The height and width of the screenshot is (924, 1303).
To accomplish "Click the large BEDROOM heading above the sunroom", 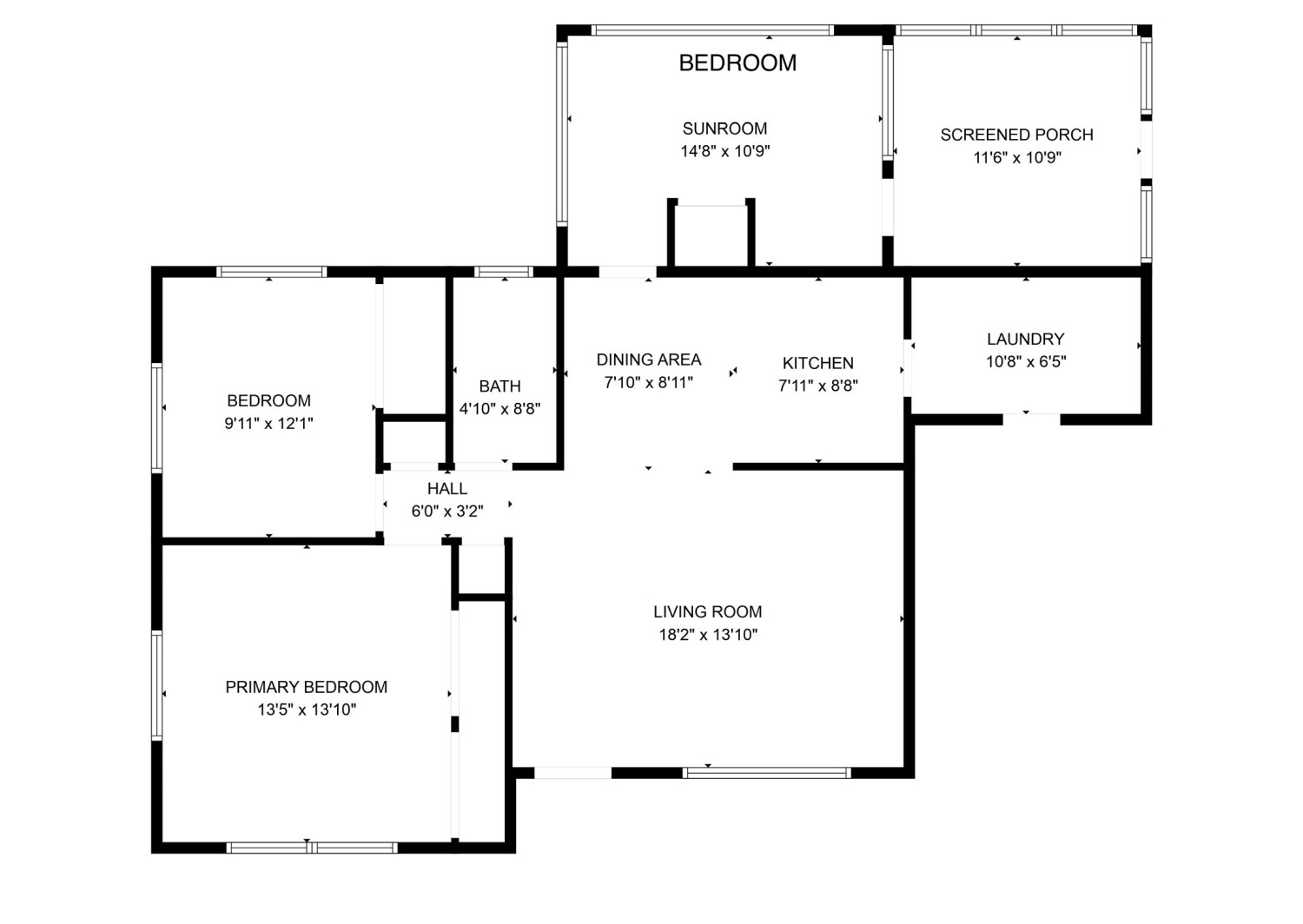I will (x=737, y=63).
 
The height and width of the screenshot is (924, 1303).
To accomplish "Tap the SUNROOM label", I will (x=724, y=129).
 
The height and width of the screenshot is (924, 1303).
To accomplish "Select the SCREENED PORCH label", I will (x=1016, y=135).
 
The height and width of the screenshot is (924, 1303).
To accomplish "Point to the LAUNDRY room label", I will (x=1025, y=339).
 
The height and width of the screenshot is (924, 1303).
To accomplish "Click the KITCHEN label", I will (x=817, y=363).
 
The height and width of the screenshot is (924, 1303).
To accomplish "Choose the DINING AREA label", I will (x=648, y=360).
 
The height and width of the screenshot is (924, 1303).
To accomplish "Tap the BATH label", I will (x=499, y=386).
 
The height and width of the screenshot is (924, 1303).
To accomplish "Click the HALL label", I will (x=446, y=489).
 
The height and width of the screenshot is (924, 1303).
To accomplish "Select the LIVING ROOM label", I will (x=707, y=611).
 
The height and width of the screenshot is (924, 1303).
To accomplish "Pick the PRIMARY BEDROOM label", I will (x=306, y=687).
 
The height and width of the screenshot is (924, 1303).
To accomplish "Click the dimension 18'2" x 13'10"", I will (x=707, y=635).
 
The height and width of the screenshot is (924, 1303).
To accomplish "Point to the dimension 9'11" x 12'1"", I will (x=268, y=424).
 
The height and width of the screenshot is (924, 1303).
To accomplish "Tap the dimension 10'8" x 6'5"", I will (x=1025, y=362).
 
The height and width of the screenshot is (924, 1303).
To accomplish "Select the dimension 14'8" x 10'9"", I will (x=724, y=152).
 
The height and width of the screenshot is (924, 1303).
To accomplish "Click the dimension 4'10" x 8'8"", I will (x=499, y=409).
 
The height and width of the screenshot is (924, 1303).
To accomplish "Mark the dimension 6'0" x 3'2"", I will (x=446, y=511).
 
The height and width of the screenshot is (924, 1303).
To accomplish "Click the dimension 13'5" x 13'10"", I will (x=306, y=709).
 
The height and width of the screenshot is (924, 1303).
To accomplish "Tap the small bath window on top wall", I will (x=504, y=272).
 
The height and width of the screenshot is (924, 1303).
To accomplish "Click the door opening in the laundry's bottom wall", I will (x=1031, y=419).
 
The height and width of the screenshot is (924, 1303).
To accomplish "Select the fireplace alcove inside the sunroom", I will (x=711, y=234).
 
